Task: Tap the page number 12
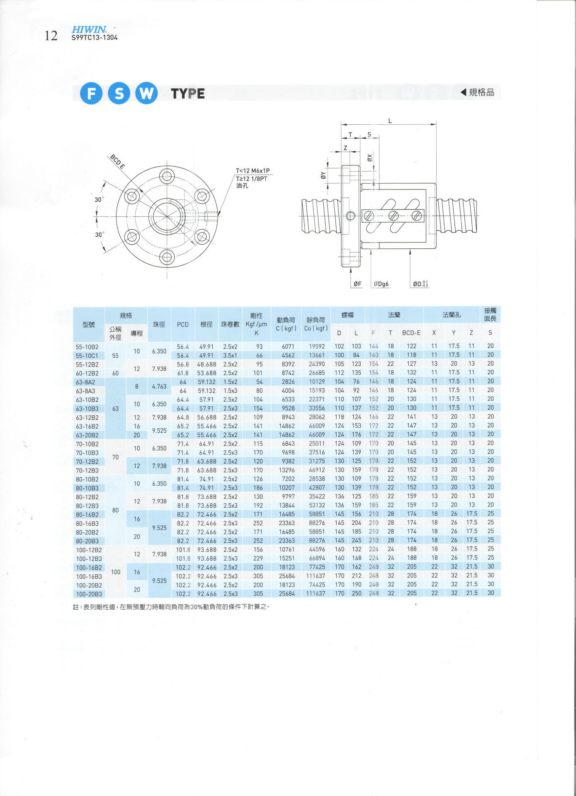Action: point(51,36)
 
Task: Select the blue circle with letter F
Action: point(91,93)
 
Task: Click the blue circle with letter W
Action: point(146,93)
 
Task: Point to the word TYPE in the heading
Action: point(188,94)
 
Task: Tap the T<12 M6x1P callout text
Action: point(253,171)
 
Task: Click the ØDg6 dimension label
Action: point(381,284)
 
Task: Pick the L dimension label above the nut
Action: point(390,121)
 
